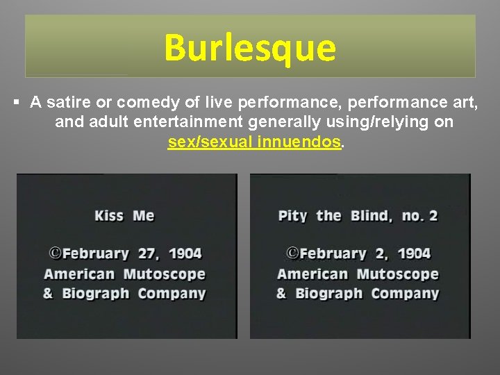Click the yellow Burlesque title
tap(250, 48)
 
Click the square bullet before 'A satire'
tap(16, 103)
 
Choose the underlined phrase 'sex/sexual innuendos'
tap(254, 142)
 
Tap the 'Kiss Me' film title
tap(124, 215)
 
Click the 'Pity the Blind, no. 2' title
tap(358, 215)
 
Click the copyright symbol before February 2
tap(293, 253)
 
